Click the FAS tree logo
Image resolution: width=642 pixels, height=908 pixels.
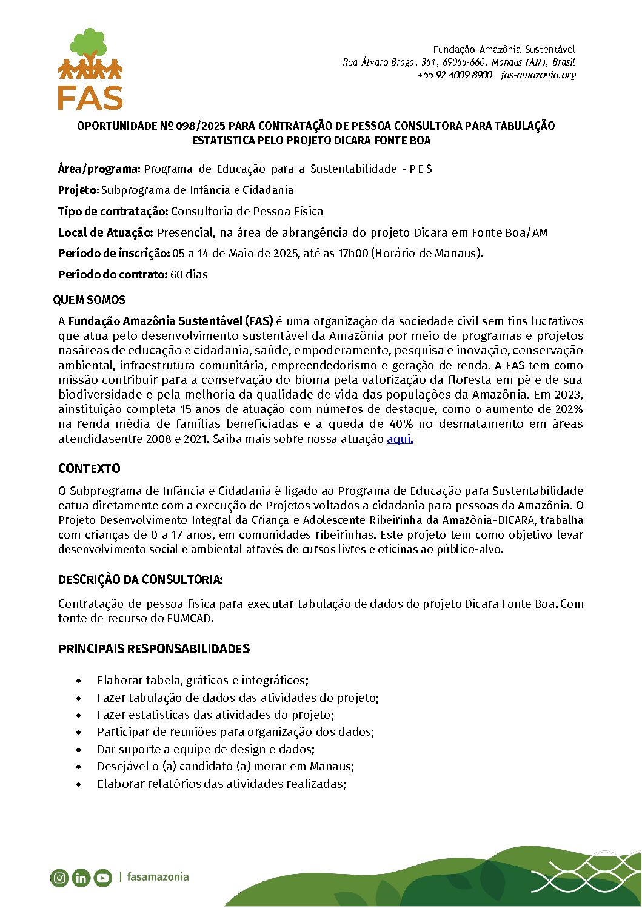[90, 69]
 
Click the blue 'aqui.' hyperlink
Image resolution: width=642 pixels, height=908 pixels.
[400, 439]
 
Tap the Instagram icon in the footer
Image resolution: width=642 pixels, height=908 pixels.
[59, 877]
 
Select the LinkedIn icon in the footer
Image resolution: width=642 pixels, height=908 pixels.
[81, 878]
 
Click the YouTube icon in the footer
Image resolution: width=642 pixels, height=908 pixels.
[102, 878]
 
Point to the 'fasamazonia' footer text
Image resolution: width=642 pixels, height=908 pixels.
[158, 877]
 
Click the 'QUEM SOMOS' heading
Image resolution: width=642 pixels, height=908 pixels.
[89, 300]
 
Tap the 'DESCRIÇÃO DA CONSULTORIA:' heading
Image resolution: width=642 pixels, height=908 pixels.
[140, 580]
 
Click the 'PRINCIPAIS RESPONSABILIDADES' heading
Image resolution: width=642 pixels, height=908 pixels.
[154, 649]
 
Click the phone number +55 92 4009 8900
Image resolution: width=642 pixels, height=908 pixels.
[455, 75]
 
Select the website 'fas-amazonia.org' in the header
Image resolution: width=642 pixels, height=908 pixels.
[538, 75]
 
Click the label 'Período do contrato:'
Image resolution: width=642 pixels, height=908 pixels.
[113, 275]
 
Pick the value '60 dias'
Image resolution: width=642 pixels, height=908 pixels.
[189, 275]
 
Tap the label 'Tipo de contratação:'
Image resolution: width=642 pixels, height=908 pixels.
[113, 212]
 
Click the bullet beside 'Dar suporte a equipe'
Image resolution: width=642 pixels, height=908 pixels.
[79, 750]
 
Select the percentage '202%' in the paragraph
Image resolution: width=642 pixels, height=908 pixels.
[569, 409]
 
